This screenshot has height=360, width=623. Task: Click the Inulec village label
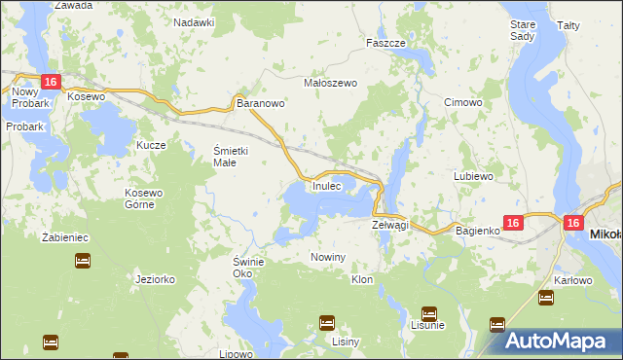point(327,185)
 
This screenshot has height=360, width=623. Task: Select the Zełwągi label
point(390,225)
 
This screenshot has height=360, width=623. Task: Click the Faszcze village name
point(385,44)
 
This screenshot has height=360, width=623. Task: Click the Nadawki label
point(194,21)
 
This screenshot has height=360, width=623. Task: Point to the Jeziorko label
point(156,278)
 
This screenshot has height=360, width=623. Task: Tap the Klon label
point(361,279)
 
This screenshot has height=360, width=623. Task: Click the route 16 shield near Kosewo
point(51,82)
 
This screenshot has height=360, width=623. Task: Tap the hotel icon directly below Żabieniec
point(83,261)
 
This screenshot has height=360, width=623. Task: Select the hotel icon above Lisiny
point(327,322)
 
